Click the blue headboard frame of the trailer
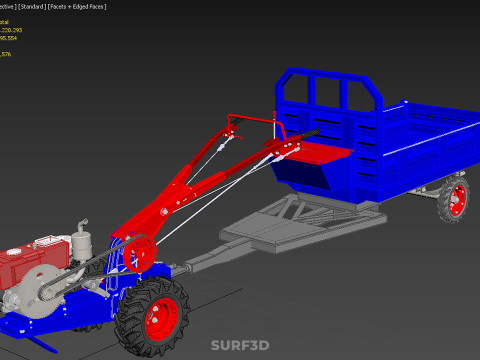[330, 91]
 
